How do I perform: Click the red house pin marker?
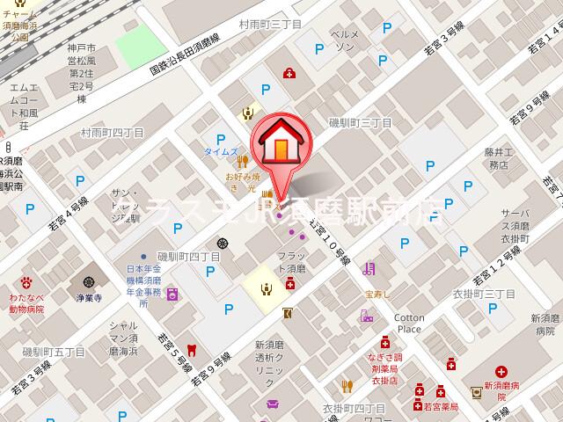[x=280, y=143]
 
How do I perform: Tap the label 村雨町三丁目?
[x=270, y=25]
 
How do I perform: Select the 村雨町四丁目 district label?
[x=112, y=133]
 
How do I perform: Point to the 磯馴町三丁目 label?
[x=359, y=123]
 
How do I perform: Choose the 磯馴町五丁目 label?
[x=54, y=352]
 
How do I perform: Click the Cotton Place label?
[x=408, y=323]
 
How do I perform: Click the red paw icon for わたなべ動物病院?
[x=27, y=282]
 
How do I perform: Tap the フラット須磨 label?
[x=285, y=262]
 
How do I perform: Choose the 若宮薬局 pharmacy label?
[x=441, y=406]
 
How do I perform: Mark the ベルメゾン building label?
[x=344, y=39]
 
